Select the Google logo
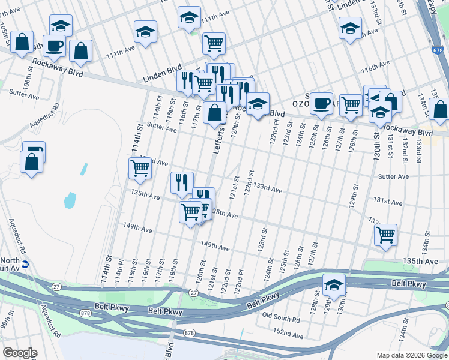pyautogui.click(x=20, y=353)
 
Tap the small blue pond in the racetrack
pyautogui.click(x=70, y=199)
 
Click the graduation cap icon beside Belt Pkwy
pyautogui.click(x=334, y=284)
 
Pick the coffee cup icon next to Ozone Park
pyautogui.click(x=322, y=103)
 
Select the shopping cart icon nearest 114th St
pyautogui.click(x=140, y=169)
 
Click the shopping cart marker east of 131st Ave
pyautogui.click(x=385, y=234)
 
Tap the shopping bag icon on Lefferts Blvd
pyautogui.click(x=214, y=112)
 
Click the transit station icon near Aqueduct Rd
pyautogui.click(x=25, y=263)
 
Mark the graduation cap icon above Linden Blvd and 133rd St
pyautogui.click(x=350, y=28)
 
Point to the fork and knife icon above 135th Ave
pyautogui.click(x=181, y=181)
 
